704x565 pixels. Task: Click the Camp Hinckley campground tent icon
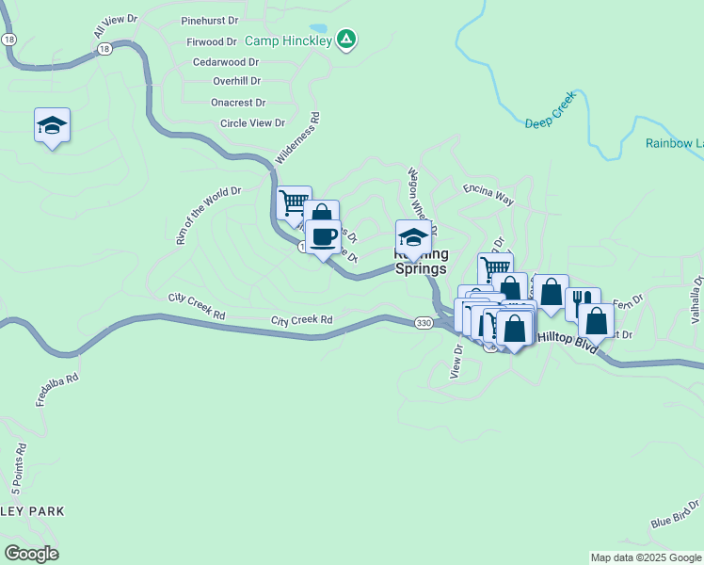[347, 39]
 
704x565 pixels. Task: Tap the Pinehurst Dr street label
[209, 20]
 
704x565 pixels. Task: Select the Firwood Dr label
[212, 41]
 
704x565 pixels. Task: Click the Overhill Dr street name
[236, 81]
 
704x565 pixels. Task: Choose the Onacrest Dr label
[238, 102]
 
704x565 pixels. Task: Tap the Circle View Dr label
[252, 122]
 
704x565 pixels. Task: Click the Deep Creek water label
[549, 122]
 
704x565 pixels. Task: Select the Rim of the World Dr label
[208, 215]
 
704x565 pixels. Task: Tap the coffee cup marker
[323, 237]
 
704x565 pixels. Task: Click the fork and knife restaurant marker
[582, 303]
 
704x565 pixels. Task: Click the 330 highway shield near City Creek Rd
[423, 322]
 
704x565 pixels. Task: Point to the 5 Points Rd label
[18, 470]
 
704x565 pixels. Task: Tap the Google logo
[31, 554]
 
